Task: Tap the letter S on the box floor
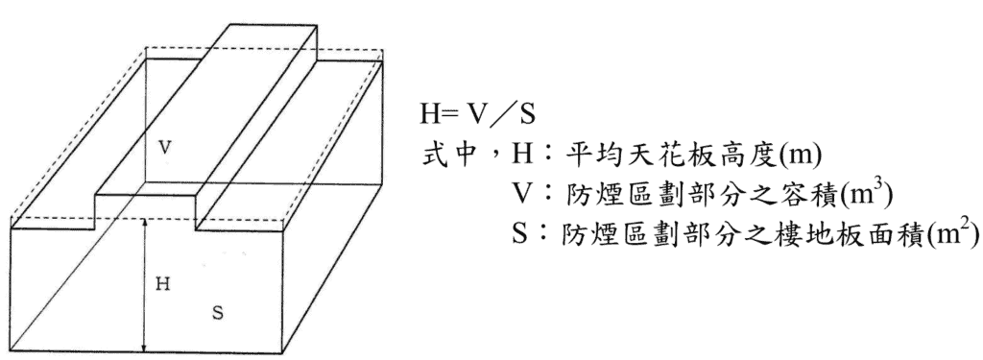[x=217, y=313]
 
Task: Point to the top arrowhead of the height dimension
[x=144, y=222]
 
